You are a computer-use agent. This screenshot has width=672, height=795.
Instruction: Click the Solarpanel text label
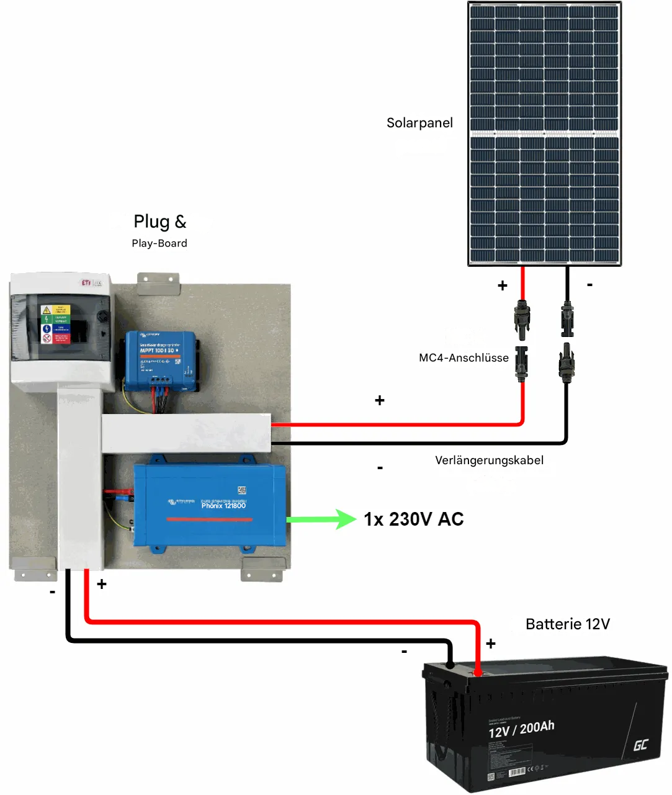[419, 123]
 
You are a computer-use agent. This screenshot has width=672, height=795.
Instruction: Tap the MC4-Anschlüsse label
[464, 357]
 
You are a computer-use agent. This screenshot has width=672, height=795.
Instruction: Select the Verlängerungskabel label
[489, 460]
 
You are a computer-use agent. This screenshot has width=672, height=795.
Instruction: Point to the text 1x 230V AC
[413, 519]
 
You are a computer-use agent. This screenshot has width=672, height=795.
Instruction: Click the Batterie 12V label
[567, 624]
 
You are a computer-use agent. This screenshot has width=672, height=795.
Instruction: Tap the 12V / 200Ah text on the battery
[521, 729]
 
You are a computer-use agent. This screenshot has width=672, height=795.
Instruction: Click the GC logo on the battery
[640, 745]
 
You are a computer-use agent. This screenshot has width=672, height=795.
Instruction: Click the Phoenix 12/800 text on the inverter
[223, 506]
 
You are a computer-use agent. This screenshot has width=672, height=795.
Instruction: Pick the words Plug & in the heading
[159, 222]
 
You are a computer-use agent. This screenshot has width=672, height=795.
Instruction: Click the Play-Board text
[159, 243]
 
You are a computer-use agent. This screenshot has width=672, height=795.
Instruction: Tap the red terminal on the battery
[478, 672]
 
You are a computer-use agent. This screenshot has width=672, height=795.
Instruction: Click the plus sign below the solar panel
[503, 285]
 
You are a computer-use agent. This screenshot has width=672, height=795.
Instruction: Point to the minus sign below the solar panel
[589, 284]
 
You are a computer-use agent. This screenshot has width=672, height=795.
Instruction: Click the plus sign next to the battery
[491, 644]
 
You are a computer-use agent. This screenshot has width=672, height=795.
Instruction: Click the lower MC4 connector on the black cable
[566, 362]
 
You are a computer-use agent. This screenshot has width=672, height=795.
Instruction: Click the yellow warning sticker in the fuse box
[46, 310]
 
